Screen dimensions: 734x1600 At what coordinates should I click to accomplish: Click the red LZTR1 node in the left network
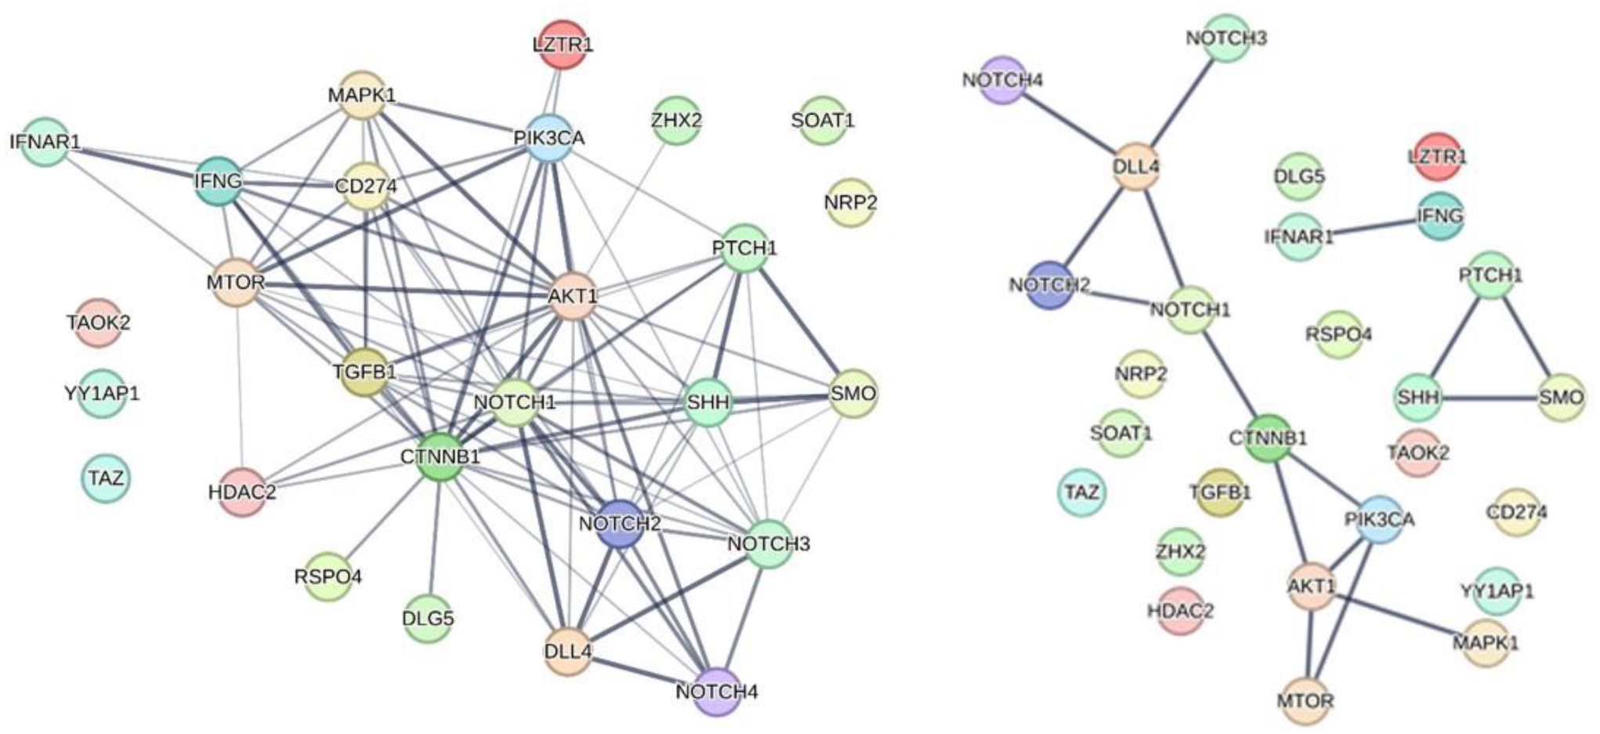click(x=563, y=44)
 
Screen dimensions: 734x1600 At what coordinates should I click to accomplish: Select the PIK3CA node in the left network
click(x=550, y=138)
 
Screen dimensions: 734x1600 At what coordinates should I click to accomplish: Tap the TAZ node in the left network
click(x=106, y=478)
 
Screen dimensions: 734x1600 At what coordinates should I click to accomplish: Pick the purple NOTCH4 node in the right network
click(x=1003, y=80)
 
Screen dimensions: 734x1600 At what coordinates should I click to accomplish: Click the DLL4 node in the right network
click(x=1136, y=166)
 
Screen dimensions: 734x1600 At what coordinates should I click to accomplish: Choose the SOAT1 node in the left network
click(x=823, y=121)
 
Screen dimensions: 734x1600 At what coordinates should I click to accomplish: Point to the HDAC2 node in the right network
click(x=1180, y=610)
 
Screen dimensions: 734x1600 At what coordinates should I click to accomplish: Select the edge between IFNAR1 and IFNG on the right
click(x=1370, y=226)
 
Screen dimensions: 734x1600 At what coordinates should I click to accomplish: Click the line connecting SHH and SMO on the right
click(x=1490, y=398)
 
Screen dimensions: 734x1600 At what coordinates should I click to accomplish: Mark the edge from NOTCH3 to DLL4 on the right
click(x=1182, y=102)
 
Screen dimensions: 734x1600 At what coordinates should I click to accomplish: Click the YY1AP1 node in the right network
click(x=1497, y=590)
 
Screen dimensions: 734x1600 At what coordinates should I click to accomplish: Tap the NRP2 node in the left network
click(x=850, y=203)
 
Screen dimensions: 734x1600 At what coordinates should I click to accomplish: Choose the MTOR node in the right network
click(x=1305, y=699)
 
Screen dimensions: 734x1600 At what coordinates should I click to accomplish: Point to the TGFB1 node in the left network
click(x=365, y=371)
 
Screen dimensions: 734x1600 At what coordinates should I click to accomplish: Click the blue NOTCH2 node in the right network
click(x=1049, y=285)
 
